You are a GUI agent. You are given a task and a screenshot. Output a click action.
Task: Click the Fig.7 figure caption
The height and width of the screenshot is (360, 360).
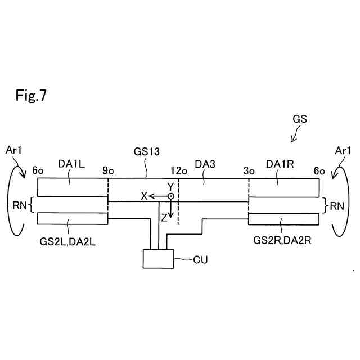[x=31, y=95]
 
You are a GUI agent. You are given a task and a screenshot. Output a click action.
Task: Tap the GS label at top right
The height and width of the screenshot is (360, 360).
[x=300, y=119]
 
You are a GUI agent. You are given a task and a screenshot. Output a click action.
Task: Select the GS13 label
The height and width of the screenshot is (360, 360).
[x=146, y=151]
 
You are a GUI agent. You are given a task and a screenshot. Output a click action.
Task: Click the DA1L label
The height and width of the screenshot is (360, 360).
[x=71, y=164]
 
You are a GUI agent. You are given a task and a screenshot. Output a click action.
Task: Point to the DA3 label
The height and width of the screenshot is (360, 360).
[x=205, y=164]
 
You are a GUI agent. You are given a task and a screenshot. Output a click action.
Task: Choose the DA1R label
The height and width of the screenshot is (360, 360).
[x=280, y=164]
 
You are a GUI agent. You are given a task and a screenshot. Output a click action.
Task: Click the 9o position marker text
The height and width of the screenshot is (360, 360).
[x=108, y=170]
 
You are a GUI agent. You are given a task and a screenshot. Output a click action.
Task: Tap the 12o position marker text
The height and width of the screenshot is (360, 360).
[x=179, y=171]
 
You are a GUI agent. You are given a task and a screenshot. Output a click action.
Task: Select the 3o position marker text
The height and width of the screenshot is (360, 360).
[x=249, y=171]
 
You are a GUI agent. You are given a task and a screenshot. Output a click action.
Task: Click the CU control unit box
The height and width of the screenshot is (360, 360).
[x=159, y=259]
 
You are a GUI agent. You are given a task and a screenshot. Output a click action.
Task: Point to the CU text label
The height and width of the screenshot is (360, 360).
[x=200, y=260]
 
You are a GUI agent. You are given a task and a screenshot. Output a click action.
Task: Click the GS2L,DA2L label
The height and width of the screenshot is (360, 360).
[x=67, y=242]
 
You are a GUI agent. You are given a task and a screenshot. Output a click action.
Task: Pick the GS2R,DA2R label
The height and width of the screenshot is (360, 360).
[x=282, y=240]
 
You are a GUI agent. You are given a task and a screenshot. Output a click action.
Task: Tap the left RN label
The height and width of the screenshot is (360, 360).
[x=20, y=205]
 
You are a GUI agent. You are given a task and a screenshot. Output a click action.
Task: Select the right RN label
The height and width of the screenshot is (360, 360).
[x=337, y=206]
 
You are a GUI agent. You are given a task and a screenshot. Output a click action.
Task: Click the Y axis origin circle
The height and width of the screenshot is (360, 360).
[x=170, y=196]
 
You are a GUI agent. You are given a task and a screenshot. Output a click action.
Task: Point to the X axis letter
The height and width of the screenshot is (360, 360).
[x=144, y=196]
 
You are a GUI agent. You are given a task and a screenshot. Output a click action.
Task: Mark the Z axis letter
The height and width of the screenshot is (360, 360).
[x=164, y=218]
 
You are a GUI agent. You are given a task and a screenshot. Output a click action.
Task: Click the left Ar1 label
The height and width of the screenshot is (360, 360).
[x=13, y=150]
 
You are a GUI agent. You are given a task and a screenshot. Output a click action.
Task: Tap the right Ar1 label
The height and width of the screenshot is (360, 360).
[x=343, y=151]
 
